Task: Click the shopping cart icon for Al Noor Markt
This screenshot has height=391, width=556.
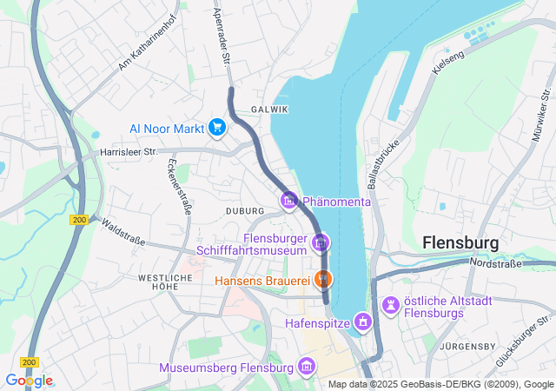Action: (x=217, y=129)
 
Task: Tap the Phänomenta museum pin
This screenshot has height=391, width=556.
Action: (x=289, y=202)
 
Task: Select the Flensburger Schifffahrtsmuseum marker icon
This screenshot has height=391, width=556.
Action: (x=321, y=242)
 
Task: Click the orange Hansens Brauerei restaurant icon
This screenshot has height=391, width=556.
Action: (x=322, y=280)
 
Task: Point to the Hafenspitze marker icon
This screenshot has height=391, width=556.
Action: (x=362, y=324)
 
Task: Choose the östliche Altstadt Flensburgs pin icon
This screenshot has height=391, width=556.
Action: (x=390, y=305)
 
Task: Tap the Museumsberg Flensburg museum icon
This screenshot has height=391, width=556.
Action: (x=305, y=368)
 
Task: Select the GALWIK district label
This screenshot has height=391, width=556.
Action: (x=268, y=109)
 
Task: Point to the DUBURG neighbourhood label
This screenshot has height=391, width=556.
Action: (x=243, y=211)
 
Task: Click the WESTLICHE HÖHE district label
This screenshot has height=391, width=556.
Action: (x=164, y=282)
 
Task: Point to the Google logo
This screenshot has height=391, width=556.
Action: (x=29, y=381)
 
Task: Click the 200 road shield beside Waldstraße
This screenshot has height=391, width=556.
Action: (x=80, y=221)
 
